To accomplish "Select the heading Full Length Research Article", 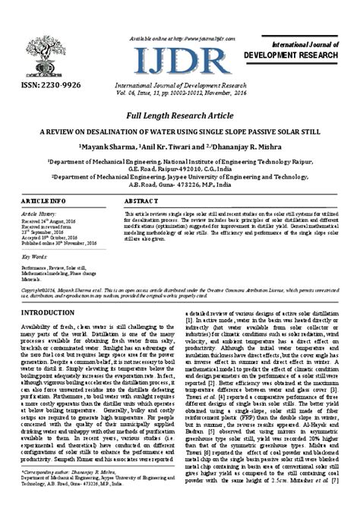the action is click(179, 114).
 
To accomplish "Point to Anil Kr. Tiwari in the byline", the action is click(168, 146).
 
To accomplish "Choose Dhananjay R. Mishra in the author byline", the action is click(246, 146).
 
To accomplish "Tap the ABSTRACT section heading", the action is click(139, 200).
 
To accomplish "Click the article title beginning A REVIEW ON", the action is click(179, 131).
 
